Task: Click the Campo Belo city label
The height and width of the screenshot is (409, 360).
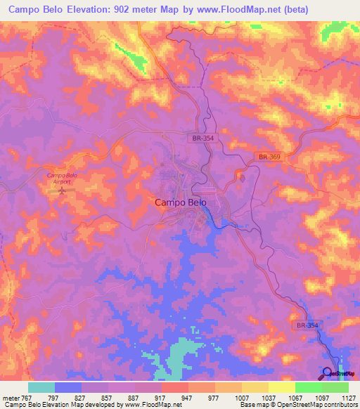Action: [180, 202]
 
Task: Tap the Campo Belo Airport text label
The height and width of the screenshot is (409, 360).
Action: [63, 178]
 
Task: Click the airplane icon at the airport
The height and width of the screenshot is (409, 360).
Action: [64, 190]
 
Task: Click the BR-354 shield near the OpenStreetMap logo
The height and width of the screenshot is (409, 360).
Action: [307, 325]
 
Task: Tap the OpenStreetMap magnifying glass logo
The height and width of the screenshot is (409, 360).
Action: [328, 373]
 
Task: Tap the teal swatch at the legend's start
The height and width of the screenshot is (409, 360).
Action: [41, 387]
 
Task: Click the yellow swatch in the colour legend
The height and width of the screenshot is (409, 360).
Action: [281, 387]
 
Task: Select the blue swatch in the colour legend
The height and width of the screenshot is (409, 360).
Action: [68, 387]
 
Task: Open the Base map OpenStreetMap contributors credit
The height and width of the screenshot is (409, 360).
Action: [297, 405]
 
